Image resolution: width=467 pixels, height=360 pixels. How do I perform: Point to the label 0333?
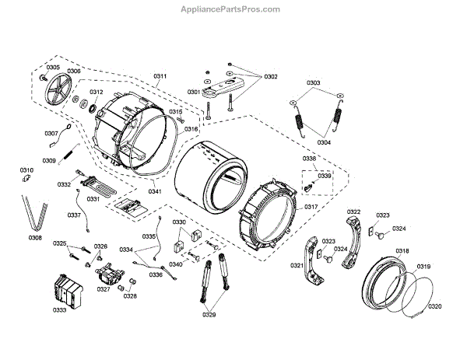(x=58, y=310)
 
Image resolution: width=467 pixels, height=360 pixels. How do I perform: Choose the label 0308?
(x=35, y=238)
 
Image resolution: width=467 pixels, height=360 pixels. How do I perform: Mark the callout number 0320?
(x=434, y=306)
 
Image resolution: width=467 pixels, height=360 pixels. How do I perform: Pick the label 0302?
(x=270, y=76)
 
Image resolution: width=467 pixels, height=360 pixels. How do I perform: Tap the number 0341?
(x=155, y=191)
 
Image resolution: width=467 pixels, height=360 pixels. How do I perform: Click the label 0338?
(x=310, y=159)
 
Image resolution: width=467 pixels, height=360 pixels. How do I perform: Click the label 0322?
(x=353, y=211)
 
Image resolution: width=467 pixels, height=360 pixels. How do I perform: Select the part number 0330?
(x=179, y=222)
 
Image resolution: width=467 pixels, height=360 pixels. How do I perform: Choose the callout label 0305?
(x=52, y=68)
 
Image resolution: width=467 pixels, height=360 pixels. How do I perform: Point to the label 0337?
(x=74, y=215)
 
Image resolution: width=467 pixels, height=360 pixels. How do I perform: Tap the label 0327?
(x=103, y=288)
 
